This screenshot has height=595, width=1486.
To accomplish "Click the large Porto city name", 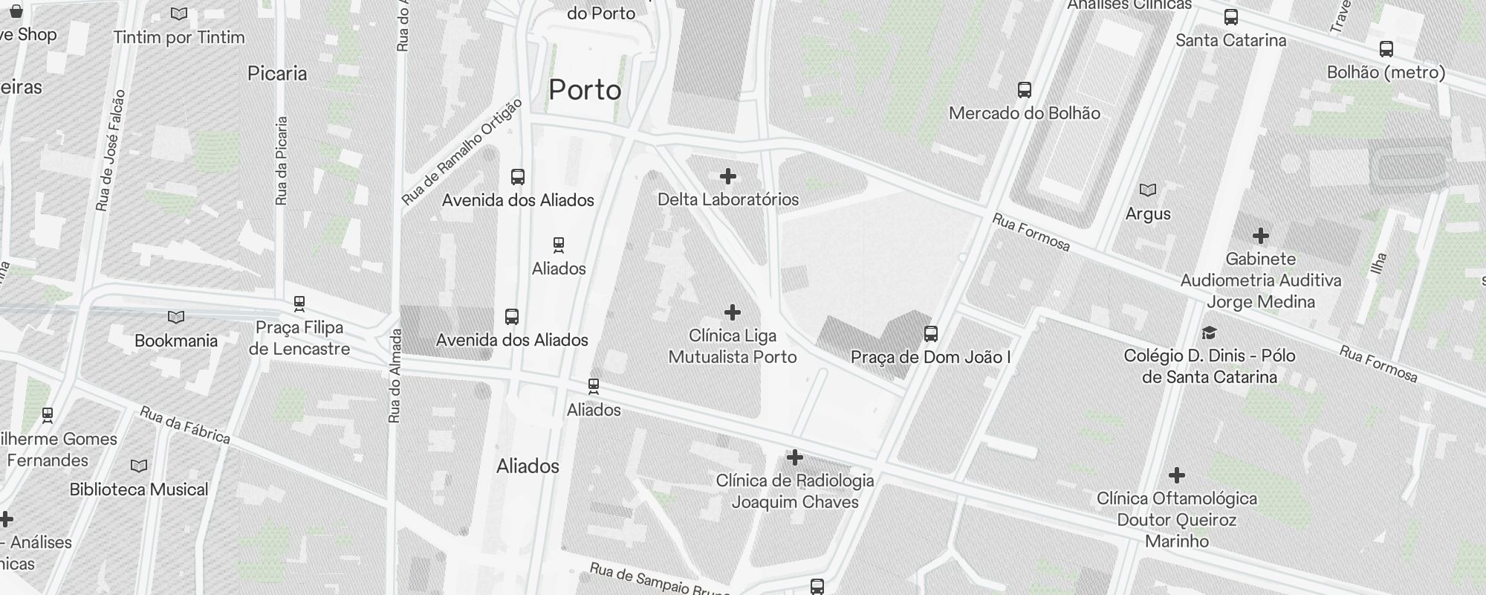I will [x=585, y=90].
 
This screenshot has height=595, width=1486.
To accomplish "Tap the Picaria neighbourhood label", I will [x=277, y=73].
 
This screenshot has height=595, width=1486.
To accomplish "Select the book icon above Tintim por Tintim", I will [x=179, y=13].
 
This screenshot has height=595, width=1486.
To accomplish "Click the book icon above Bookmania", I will [x=176, y=318].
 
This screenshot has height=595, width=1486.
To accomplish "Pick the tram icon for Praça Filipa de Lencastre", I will [x=299, y=303].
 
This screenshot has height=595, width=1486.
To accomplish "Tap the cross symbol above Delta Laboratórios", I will [x=728, y=176].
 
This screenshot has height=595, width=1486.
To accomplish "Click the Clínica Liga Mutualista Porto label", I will [x=733, y=347].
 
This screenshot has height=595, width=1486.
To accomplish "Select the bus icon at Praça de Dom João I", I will [x=931, y=334].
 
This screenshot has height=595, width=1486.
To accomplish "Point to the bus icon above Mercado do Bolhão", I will [x=1025, y=90].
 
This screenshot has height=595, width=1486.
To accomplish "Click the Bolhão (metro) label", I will [x=1386, y=72].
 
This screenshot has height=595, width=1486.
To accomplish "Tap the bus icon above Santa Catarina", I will [x=1231, y=17].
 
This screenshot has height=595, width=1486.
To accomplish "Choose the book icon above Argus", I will [x=1148, y=190].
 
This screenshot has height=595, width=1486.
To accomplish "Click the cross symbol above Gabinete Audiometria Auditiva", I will [x=1261, y=237].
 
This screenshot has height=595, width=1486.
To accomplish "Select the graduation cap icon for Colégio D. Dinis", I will [x=1210, y=332].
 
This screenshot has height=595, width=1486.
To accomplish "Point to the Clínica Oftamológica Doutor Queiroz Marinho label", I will [x=1177, y=519].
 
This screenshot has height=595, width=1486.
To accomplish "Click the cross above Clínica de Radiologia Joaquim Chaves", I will [x=795, y=457].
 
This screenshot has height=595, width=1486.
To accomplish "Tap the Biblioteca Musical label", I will [x=139, y=489].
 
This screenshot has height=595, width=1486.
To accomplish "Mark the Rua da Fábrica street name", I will [x=185, y=425].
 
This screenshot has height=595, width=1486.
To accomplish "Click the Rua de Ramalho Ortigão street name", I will [x=461, y=152].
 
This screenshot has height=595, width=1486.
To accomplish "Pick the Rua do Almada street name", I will [x=395, y=376].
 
